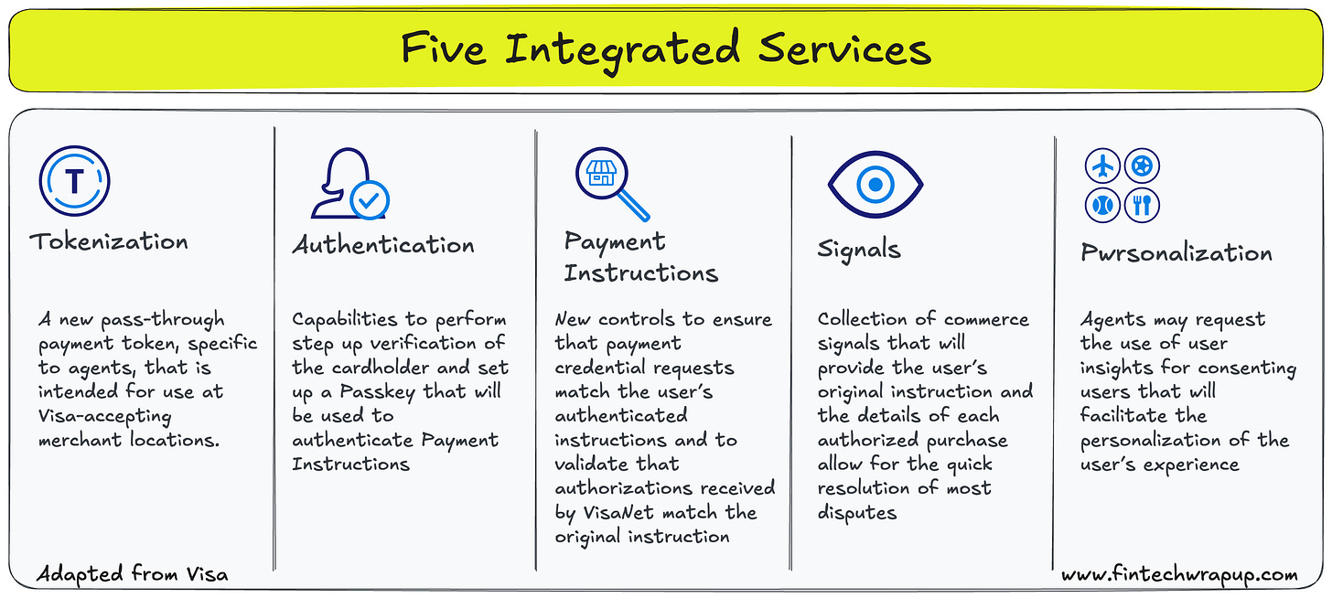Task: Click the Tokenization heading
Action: click(x=109, y=241)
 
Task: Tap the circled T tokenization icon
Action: click(x=74, y=180)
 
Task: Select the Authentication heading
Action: click(x=383, y=245)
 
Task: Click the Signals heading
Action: click(x=859, y=250)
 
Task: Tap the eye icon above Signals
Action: click(x=875, y=184)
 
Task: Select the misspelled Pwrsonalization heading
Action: click(x=1176, y=252)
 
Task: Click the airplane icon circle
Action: click(x=1103, y=166)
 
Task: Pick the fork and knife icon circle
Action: click(x=1142, y=204)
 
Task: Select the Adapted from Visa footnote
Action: click(x=133, y=575)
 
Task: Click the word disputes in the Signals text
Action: click(x=857, y=513)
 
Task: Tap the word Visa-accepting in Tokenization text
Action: click(x=104, y=415)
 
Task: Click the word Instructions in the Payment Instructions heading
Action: click(x=640, y=272)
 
